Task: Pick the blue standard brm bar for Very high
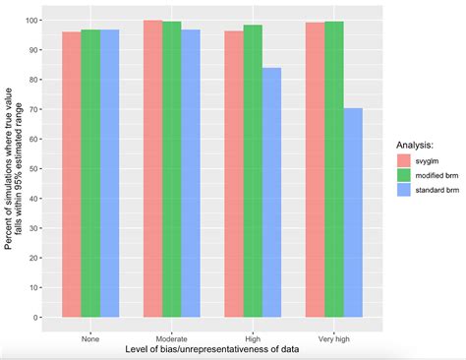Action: pos(352,212)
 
